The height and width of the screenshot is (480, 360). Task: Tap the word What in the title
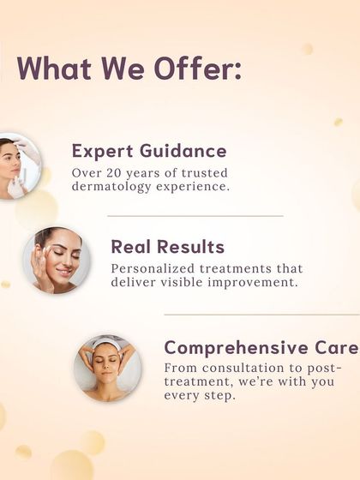point(52,70)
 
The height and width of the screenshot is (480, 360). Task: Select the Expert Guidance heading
point(149,152)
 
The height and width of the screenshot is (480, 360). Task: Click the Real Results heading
point(167,248)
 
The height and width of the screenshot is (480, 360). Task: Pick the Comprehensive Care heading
point(261,348)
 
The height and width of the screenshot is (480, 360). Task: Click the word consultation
point(240,367)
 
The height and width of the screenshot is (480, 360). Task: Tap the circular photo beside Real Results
point(57,261)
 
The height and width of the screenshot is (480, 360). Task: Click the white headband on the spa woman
point(107,345)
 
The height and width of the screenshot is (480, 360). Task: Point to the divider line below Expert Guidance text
point(195,216)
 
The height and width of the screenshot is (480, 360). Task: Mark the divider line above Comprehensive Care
point(261,315)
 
